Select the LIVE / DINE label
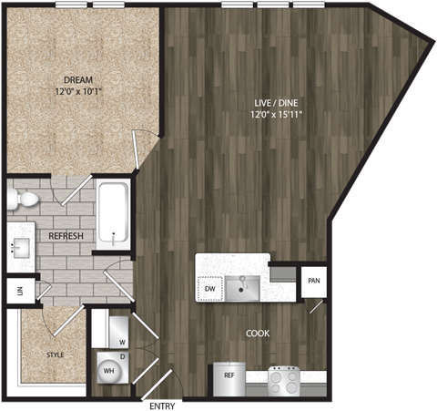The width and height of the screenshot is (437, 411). (x=279, y=103)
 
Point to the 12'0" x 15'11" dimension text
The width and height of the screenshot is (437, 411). (x=279, y=115)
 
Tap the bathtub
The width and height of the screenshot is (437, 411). (x=113, y=215)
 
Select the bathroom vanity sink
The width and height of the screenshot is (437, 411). (x=19, y=249)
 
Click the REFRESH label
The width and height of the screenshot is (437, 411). (x=66, y=236)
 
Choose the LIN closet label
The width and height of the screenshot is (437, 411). (x=18, y=291)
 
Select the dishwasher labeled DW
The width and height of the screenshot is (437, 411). (x=209, y=289)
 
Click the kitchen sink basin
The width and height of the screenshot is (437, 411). (x=243, y=287)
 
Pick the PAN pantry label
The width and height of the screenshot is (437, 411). (x=313, y=281)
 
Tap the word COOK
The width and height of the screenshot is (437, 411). (x=258, y=334)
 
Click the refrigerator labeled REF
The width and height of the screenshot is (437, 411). (x=229, y=375)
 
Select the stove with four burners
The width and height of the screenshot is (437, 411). (x=284, y=379)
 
